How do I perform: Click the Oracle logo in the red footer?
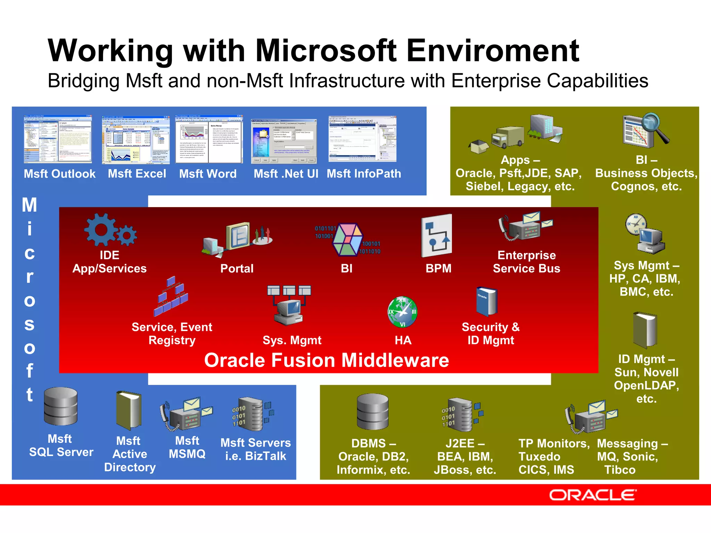pyautogui.click(x=593, y=495)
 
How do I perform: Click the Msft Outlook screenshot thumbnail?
pyautogui.click(x=58, y=139)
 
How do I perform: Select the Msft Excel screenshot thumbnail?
pyautogui.click(x=136, y=139)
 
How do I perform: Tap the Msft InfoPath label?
pyautogui.click(x=364, y=174)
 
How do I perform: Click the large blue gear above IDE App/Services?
pyautogui.click(x=101, y=230)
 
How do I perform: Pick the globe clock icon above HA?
pyautogui.click(x=402, y=312)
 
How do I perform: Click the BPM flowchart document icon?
pyautogui.click(x=436, y=236)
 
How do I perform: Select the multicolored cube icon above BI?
pyautogui.click(x=347, y=239)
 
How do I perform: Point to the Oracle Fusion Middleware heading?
pyautogui.click(x=326, y=360)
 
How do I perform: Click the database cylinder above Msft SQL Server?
pyautogui.click(x=61, y=406)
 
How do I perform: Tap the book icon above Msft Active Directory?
pyautogui.click(x=129, y=411)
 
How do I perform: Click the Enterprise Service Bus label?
pyautogui.click(x=526, y=262)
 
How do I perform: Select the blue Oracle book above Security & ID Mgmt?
pyautogui.click(x=487, y=301)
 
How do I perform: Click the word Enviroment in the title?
pyautogui.click(x=493, y=51)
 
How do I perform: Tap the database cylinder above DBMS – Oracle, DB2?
pyautogui.click(x=373, y=412)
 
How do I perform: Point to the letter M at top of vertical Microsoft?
pyautogui.click(x=30, y=205)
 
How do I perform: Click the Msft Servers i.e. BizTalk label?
pyautogui.click(x=256, y=449)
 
